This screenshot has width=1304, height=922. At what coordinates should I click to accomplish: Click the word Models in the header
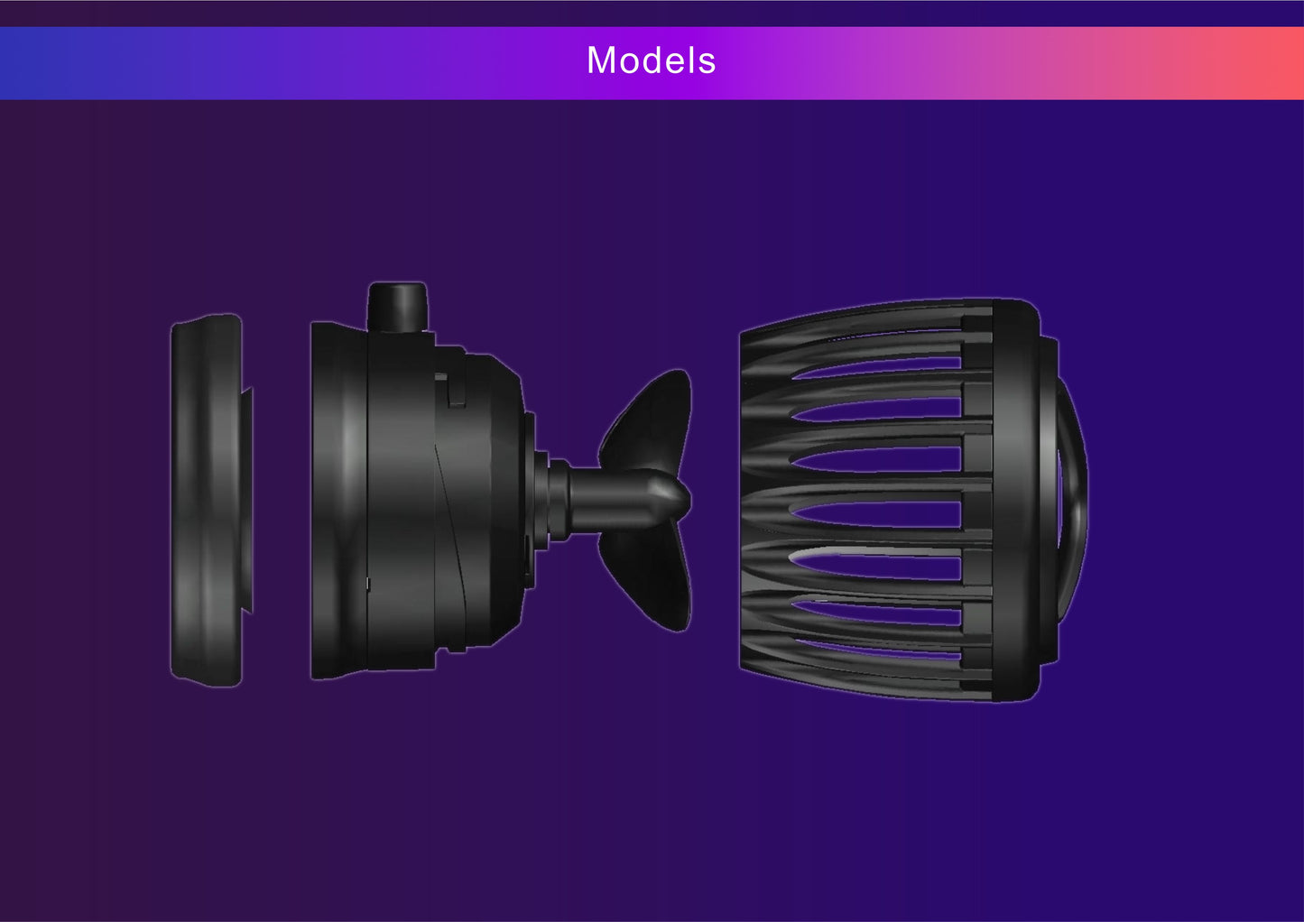pyautogui.click(x=651, y=60)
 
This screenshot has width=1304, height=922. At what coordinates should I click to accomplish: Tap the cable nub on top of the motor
pyautogui.click(x=398, y=307)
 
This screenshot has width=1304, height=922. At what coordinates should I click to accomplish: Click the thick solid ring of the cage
pyautogui.click(x=1016, y=501)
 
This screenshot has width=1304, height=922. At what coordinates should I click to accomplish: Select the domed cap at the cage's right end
pyautogui.click(x=1071, y=501)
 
